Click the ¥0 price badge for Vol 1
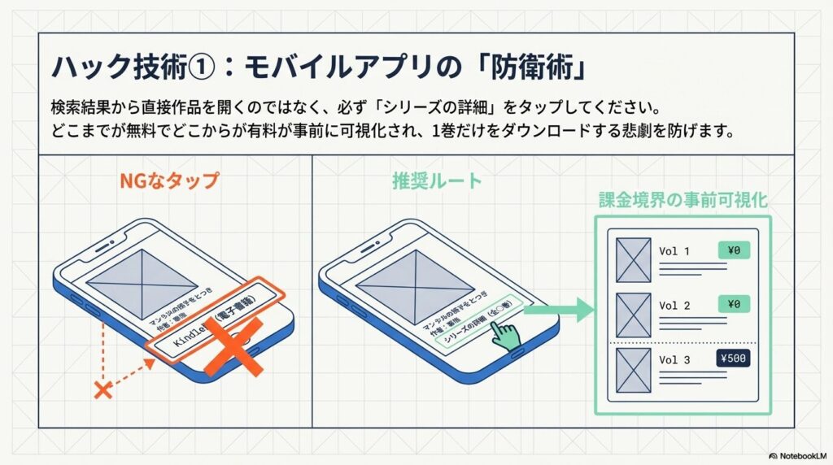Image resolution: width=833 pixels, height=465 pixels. tap(733, 251)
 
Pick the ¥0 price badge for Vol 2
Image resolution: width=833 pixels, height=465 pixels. tap(733, 304)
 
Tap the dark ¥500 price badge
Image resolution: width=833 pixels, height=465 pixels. tap(733, 359)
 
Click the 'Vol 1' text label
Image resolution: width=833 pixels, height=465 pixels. tap(674, 251)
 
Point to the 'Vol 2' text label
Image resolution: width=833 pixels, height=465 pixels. tap(674, 306)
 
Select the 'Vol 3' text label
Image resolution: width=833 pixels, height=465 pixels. tap(674, 360)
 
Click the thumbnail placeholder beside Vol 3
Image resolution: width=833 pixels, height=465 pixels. tap(634, 370)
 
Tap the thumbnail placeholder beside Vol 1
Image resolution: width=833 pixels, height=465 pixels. tap(634, 260)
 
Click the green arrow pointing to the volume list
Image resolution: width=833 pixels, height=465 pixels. tap(562, 309)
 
